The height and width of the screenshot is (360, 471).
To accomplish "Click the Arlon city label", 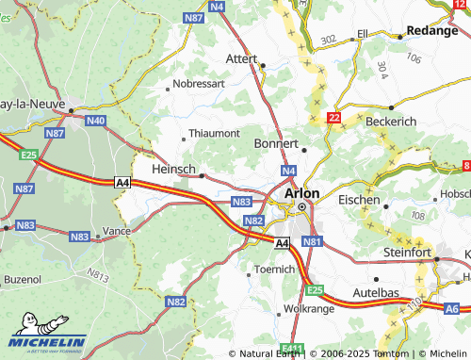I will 301,192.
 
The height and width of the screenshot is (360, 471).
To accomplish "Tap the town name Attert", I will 242,57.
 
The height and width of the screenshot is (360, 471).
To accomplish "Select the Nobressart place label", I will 199,85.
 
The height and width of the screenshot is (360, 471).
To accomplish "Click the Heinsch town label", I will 173,168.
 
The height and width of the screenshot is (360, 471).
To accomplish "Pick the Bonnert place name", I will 276,143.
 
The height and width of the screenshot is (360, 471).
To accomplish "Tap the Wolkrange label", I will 309,308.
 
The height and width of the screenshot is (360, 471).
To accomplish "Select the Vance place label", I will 117,231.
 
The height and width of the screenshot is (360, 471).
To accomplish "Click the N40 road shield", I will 95,121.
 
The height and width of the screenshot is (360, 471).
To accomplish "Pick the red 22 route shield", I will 333,118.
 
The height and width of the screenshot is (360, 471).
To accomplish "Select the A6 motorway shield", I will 452,308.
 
